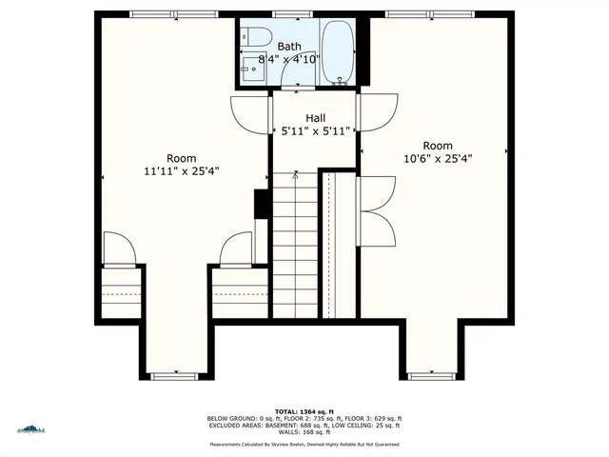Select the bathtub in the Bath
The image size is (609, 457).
pos(338,52)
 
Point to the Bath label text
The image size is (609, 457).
pos(289,46)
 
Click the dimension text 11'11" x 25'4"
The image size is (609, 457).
pos(181,172)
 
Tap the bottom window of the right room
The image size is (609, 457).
pos(431,376)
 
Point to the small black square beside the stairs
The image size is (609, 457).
pos(260,204)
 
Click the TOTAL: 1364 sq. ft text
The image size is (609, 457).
pos(304,410)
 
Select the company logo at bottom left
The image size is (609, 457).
pos(30,430)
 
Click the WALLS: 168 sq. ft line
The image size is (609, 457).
pos(304,432)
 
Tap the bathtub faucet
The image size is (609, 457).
pos(339,79)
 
